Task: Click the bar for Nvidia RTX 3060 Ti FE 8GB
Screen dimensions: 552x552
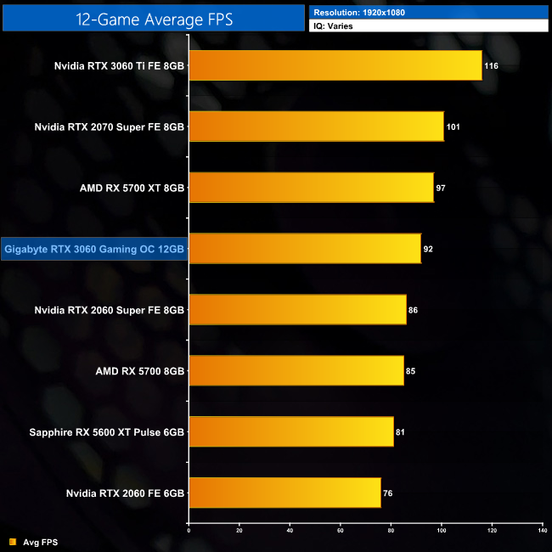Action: [335, 65]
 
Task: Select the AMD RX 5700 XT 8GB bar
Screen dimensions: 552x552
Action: [311, 188]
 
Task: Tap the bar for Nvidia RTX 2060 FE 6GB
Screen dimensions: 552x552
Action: [284, 493]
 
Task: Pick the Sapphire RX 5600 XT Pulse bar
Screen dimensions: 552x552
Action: [290, 431]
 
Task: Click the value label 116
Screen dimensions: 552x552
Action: [491, 65]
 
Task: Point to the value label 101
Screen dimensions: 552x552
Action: [453, 127]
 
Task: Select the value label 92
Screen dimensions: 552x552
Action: [429, 249]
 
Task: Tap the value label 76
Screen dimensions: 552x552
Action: [388, 493]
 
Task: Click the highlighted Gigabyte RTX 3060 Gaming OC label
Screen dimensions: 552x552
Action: [94, 249]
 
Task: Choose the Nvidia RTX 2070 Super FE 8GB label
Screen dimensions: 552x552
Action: [109, 127]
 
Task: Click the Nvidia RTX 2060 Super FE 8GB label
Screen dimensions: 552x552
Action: [109, 310]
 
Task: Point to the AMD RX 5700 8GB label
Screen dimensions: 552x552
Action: [140, 371]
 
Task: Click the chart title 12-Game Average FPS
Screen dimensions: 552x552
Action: [153, 17]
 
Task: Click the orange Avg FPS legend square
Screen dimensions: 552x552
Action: [13, 541]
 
